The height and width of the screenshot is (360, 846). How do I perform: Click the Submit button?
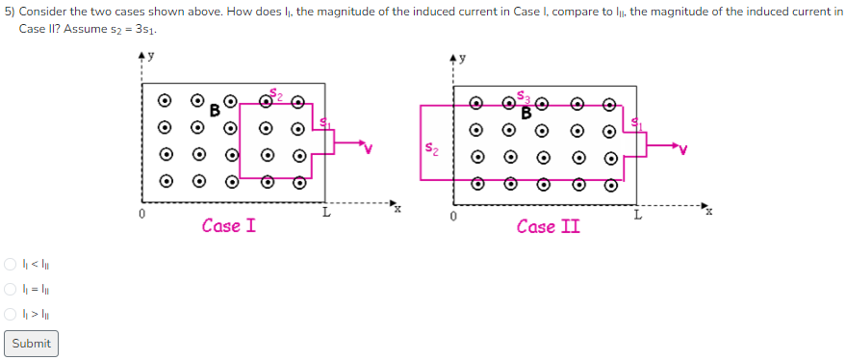pos(31,344)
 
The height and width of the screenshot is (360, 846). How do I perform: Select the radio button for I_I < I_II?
pos(11,264)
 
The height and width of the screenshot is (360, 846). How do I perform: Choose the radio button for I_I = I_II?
pos(11,289)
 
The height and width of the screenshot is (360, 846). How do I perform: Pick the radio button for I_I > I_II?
pos(11,314)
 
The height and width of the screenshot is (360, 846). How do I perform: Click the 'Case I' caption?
pos(228,226)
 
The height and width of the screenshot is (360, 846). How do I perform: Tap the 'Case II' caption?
pos(548,227)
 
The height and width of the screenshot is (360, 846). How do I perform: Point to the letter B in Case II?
pos(526,112)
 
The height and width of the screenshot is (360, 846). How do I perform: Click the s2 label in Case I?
pos(275,93)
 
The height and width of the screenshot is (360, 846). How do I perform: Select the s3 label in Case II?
pos(523,96)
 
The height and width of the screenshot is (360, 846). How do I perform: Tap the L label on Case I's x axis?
pos(325,214)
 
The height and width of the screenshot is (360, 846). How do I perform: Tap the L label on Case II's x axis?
pos(637,214)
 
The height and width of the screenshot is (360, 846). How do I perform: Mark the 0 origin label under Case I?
pos(141,215)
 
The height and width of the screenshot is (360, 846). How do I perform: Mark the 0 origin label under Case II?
pos(453,215)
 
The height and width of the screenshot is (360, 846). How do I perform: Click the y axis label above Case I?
pos(149,57)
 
